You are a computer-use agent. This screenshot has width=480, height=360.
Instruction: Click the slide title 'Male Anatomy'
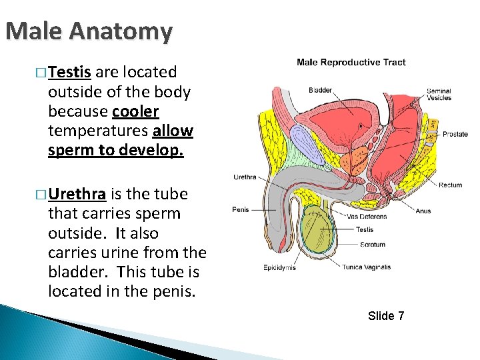click(89, 31)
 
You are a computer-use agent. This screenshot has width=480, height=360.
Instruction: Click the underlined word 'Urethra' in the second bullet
click(77, 195)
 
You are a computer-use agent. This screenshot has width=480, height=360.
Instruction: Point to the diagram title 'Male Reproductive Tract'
click(351, 63)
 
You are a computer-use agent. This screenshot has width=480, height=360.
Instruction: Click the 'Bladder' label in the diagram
click(320, 90)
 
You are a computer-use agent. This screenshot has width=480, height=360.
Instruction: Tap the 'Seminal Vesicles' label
click(439, 95)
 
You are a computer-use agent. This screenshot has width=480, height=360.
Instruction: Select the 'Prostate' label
click(455, 134)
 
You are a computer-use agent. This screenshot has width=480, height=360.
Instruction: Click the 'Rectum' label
click(450, 185)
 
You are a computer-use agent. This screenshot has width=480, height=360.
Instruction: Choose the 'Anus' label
click(423, 211)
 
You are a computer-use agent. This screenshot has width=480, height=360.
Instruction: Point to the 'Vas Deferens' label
click(367, 217)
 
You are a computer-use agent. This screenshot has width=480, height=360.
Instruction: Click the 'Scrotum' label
click(372, 245)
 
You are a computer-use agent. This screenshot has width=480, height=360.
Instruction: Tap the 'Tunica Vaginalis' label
click(366, 267)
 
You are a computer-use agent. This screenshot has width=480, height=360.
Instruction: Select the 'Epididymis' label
click(279, 268)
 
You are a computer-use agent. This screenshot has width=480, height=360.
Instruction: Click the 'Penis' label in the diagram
click(241, 209)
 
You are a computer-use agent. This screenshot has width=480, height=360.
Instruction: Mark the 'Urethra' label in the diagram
click(243, 177)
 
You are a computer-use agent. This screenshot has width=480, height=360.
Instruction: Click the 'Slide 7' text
click(386, 315)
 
